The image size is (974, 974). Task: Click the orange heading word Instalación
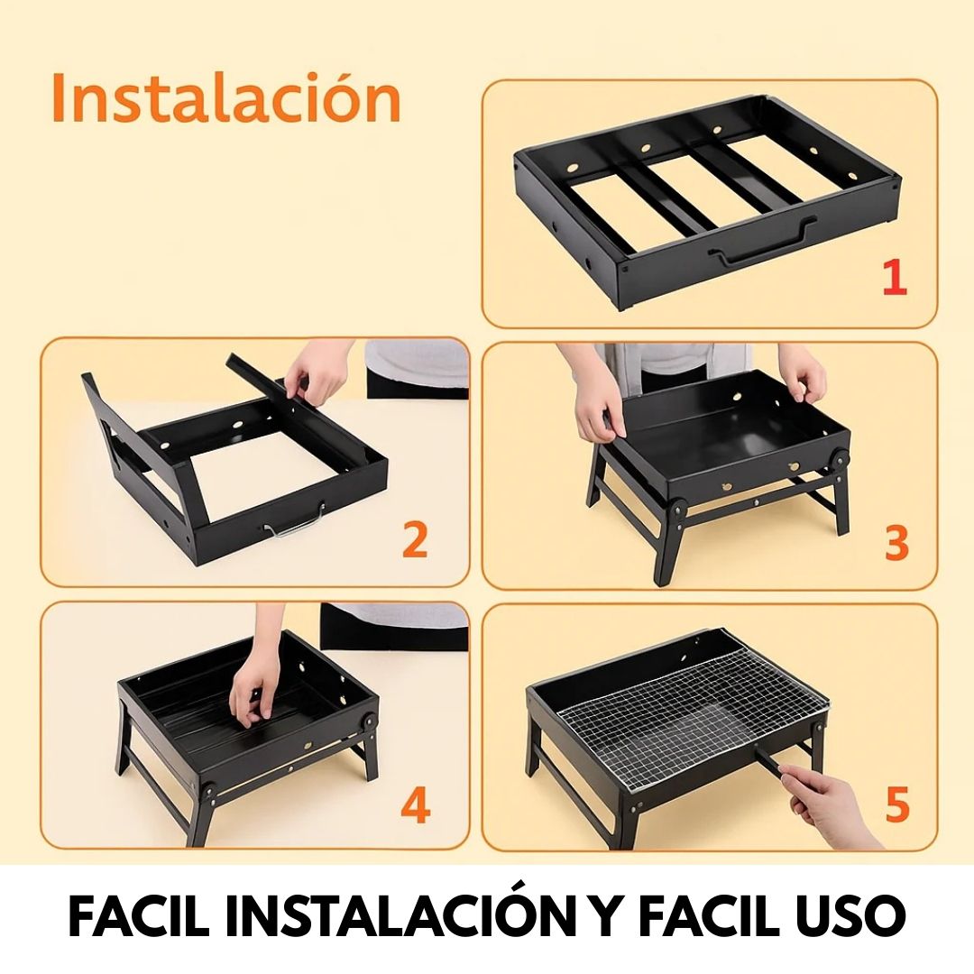coord(226,98)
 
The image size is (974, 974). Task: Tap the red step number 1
coord(895,277)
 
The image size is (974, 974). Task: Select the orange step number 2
coord(415,539)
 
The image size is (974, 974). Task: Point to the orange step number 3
coord(896,541)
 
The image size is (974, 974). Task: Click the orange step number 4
coord(416,805)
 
